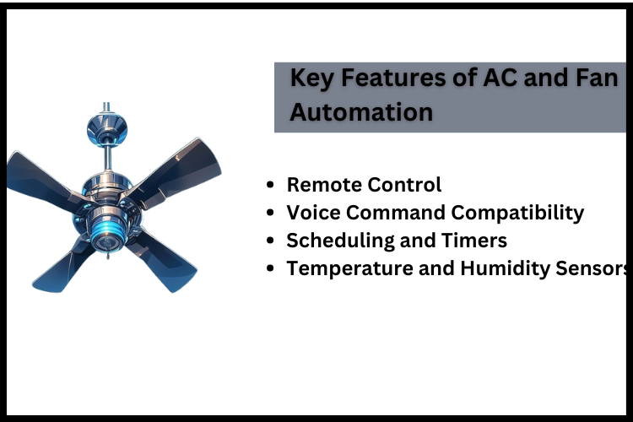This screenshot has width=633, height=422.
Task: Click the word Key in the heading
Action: tap(309, 78)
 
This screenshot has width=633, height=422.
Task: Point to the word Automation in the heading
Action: tap(361, 111)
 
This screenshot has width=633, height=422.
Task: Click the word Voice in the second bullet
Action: tap(312, 213)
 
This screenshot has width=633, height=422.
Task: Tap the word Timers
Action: tap(473, 241)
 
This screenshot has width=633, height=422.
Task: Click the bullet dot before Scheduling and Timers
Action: tap(270, 241)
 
